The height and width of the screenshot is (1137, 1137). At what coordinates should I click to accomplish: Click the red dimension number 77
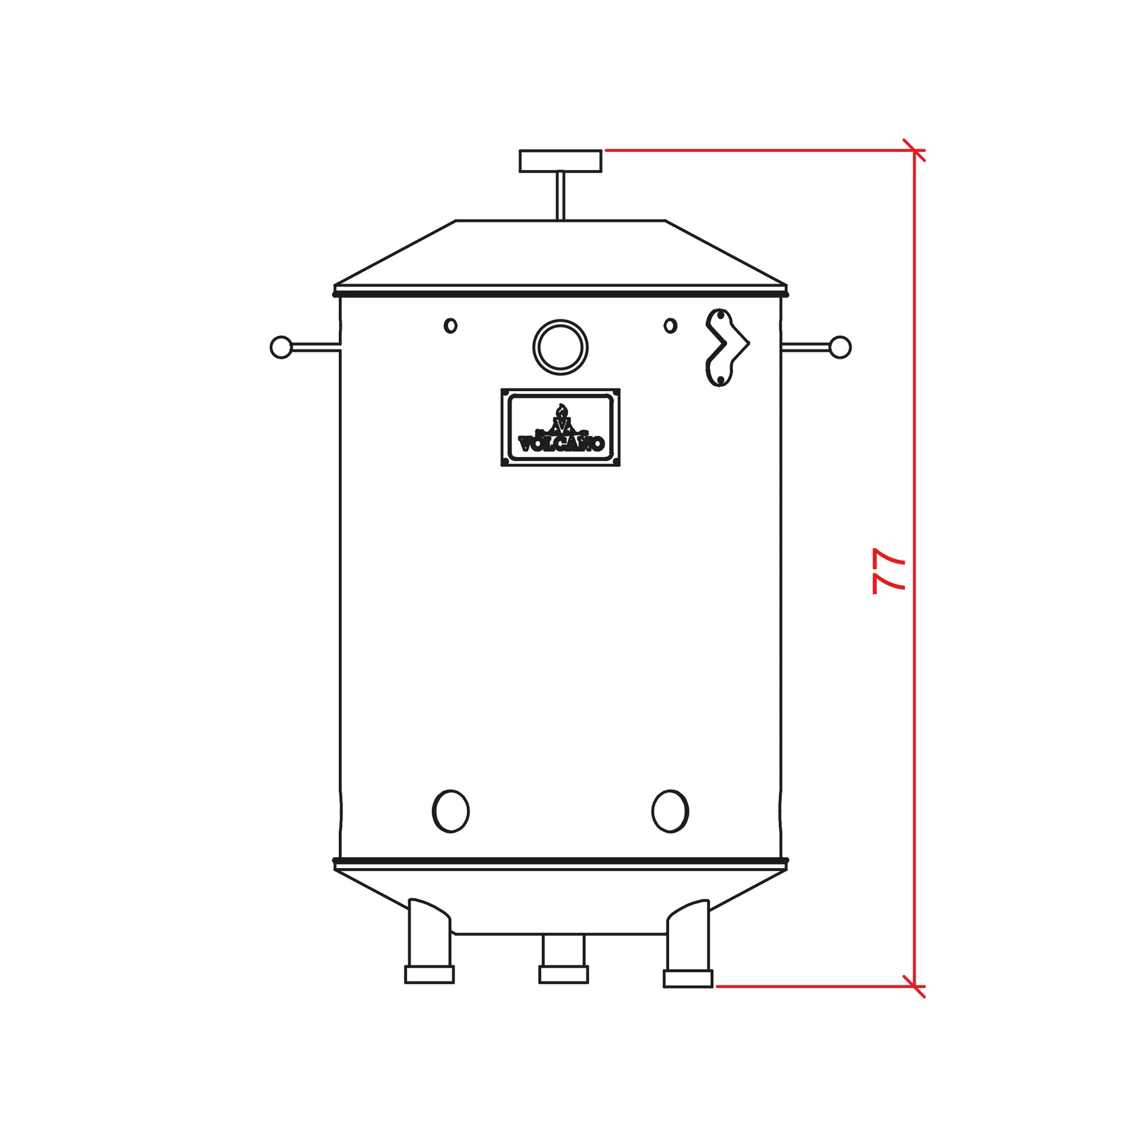(x=889, y=571)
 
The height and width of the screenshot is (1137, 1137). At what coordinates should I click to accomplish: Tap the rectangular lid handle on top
(x=560, y=161)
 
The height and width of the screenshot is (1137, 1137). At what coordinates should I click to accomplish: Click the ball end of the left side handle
(x=280, y=347)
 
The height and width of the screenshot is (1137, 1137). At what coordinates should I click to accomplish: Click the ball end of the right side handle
(x=840, y=347)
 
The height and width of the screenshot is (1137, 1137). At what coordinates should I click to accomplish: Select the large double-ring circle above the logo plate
(x=560, y=347)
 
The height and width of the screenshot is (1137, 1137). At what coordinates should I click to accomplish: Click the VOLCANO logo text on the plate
(x=561, y=443)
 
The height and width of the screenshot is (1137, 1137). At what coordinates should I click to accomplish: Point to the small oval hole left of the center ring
(x=450, y=325)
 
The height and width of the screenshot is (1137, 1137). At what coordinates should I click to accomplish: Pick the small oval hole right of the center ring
(x=670, y=325)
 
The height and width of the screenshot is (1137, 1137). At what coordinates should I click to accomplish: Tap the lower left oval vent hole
(x=451, y=811)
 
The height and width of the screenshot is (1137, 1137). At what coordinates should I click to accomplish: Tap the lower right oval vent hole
(x=670, y=811)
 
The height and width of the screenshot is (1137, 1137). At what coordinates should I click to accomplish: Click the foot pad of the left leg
(x=429, y=975)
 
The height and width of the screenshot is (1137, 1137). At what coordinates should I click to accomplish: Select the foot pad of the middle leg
(x=563, y=975)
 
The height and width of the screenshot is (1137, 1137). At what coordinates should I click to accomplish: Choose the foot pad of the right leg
(x=688, y=979)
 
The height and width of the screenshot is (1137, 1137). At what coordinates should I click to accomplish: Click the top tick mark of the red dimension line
(x=914, y=151)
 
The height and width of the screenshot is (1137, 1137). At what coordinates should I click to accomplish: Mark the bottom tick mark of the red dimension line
(x=914, y=986)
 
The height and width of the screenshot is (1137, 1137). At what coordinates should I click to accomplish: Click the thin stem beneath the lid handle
(x=560, y=196)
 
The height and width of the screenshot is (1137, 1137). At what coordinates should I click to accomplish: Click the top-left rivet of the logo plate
(x=505, y=393)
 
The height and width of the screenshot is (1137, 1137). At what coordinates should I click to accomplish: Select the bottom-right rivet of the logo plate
(x=616, y=462)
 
